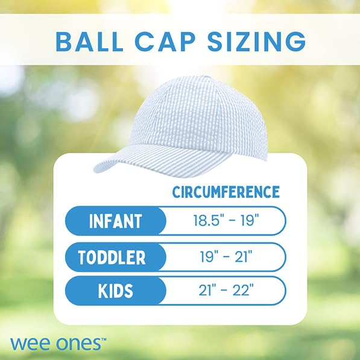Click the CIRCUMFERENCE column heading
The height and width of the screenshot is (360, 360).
click(226, 192)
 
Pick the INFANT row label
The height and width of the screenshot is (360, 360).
click(115, 221)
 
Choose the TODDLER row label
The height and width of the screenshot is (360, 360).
click(112, 257)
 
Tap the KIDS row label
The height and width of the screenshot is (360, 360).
click(115, 291)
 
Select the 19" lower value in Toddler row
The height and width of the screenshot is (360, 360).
click(209, 257)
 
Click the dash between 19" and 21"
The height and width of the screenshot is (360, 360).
click(226, 257)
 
